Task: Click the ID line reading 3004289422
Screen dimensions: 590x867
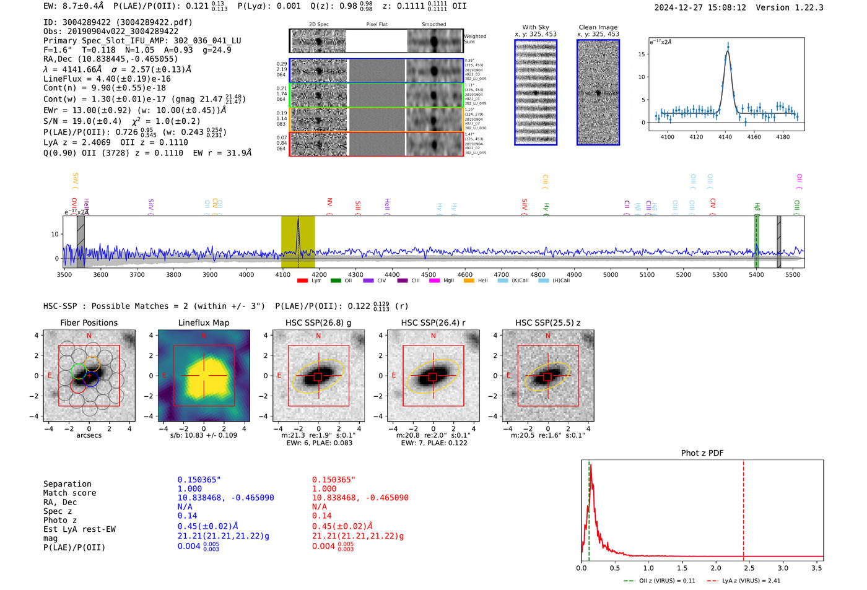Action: pyautogui.click(x=118, y=22)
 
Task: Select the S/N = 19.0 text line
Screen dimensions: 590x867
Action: pyautogui.click(x=121, y=121)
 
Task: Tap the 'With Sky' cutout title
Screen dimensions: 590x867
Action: pyautogui.click(x=535, y=27)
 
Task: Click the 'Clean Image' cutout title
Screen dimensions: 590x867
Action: pyautogui.click(x=598, y=27)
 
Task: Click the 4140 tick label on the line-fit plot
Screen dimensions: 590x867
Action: pyautogui.click(x=725, y=137)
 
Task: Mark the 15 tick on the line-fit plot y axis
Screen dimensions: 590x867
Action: pyautogui.click(x=642, y=54)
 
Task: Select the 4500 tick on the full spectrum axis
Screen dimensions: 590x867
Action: pyautogui.click(x=429, y=274)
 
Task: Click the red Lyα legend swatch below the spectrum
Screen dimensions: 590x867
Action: pyautogui.click(x=302, y=281)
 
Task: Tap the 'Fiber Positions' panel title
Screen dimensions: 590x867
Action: pyautogui.click(x=89, y=323)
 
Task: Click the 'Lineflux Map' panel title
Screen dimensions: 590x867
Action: pyautogui.click(x=203, y=323)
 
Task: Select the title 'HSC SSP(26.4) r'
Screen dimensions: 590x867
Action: pyautogui.click(x=433, y=323)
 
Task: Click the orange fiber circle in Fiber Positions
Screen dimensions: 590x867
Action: pyautogui.click(x=92, y=364)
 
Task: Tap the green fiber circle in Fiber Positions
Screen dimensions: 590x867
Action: pyautogui.click(x=78, y=371)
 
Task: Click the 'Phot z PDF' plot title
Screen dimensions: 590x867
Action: pyautogui.click(x=702, y=453)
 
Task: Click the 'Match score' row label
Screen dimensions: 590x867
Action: pyautogui.click(x=69, y=493)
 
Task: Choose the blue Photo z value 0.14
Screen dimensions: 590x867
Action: pyautogui.click(x=187, y=516)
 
